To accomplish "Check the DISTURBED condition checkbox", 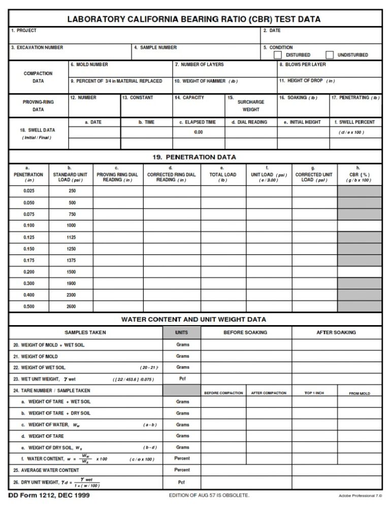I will click(278, 55).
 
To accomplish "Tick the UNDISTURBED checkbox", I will click(330, 55).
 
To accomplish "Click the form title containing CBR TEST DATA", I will click(194, 19).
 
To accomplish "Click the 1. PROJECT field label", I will click(24, 31).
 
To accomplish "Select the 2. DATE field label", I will click(272, 31).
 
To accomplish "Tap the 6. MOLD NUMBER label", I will click(89, 65).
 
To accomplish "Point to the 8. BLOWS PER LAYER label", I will click(303, 65).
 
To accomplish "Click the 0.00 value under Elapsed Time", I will click(198, 133).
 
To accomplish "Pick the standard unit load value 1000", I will click(71, 226).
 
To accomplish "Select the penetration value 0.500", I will click(29, 307).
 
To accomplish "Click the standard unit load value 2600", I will click(71, 307).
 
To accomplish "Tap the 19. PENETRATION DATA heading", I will click(194, 157).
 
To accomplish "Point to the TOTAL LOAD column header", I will click(223, 174).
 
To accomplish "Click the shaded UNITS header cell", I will click(182, 333).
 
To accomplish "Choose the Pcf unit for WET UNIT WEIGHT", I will click(182, 379).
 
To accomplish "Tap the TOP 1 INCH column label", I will click(314, 393).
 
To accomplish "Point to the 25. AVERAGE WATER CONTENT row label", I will click(46, 470).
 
